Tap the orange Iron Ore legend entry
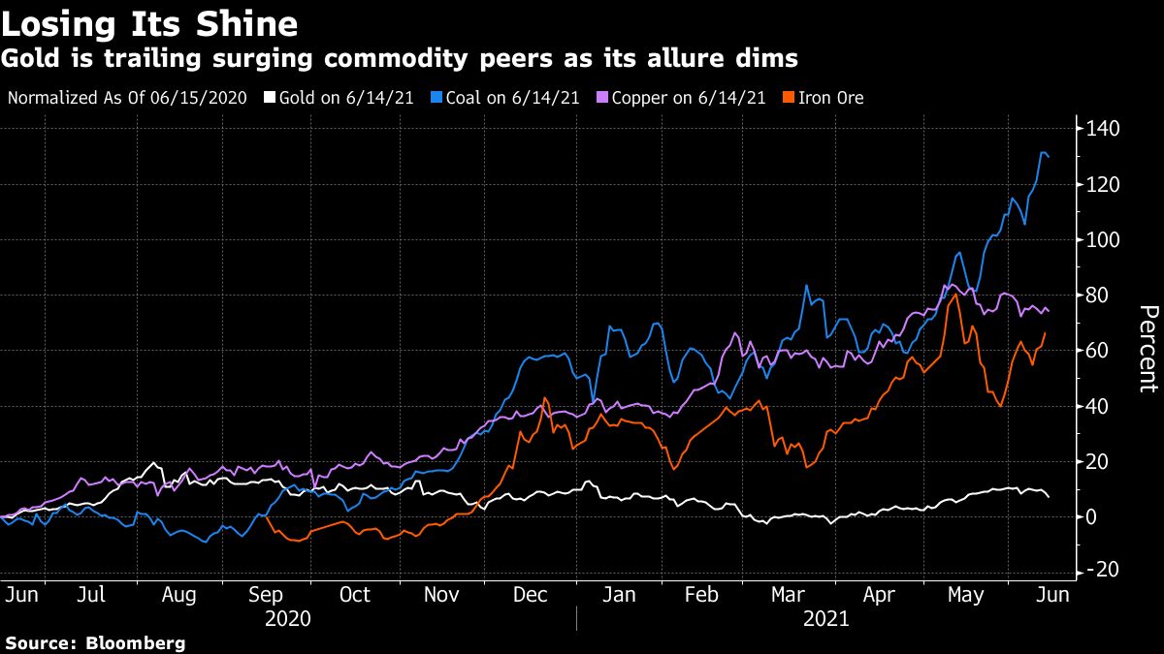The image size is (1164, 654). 824,98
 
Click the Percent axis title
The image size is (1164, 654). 1148,349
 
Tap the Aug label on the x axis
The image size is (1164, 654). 178,595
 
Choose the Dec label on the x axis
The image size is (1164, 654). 530,595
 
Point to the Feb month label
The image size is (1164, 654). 701,595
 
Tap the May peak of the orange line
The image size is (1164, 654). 956,293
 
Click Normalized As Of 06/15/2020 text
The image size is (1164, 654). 126,98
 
